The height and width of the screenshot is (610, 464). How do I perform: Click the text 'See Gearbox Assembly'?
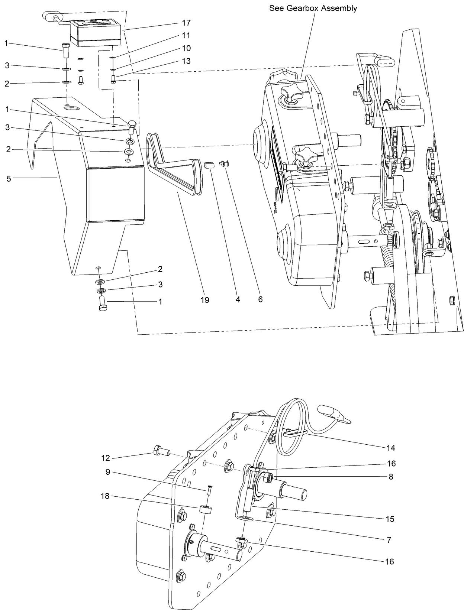click(x=313, y=8)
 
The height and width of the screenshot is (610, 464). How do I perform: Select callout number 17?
click(x=186, y=23)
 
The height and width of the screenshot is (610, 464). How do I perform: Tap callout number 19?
click(x=204, y=299)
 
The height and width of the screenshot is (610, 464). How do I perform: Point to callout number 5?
click(x=9, y=179)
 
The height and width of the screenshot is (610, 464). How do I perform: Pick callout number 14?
click(x=390, y=448)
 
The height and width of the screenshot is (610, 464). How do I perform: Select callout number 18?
click(x=105, y=496)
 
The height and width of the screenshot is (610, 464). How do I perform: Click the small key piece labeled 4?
click(x=209, y=165)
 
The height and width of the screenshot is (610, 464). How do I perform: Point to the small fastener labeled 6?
click(x=225, y=163)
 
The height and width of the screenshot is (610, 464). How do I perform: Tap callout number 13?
click(x=186, y=61)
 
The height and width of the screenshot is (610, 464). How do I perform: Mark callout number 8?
click(x=390, y=477)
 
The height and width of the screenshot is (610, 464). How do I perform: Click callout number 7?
click(x=389, y=540)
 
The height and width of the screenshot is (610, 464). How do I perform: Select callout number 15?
click(x=390, y=519)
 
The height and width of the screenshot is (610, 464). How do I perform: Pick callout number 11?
click(x=186, y=36)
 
